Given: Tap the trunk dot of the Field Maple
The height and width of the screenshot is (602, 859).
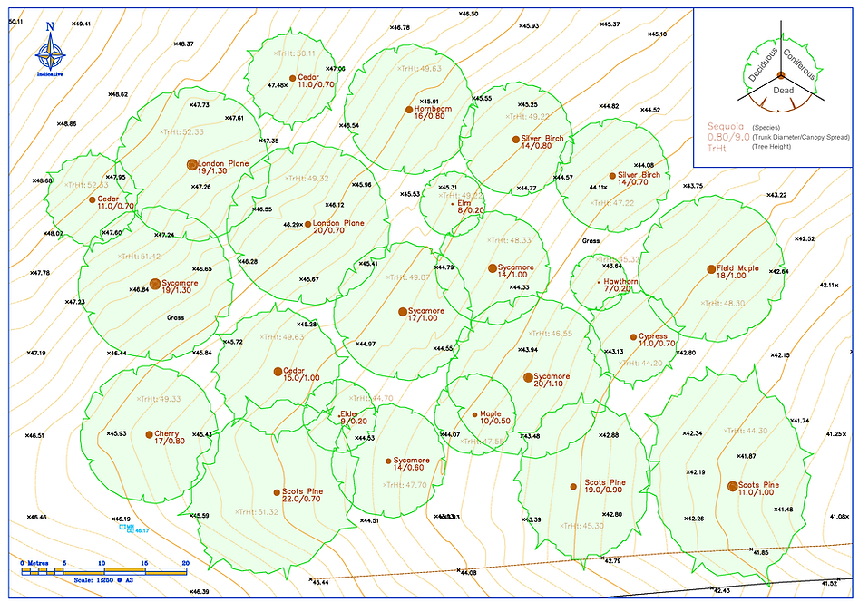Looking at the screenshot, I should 711,269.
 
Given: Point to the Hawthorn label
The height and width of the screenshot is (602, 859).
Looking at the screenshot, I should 621,282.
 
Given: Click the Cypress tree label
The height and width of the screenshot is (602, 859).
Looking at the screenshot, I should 653,336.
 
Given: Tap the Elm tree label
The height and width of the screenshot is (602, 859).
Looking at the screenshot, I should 464,203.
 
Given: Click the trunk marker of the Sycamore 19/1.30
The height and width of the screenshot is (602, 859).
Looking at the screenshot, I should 155,284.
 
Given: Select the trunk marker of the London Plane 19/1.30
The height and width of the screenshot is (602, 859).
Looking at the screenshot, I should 191,164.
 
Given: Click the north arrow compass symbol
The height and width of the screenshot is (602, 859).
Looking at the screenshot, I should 50,53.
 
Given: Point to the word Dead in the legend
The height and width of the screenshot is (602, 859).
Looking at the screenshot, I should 783,91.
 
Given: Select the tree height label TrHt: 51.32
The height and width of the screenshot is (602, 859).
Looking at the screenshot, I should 258,511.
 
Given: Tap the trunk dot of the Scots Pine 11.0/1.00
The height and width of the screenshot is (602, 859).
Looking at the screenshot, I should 733,486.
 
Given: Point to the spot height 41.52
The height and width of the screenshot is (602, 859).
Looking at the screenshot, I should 828,584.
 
